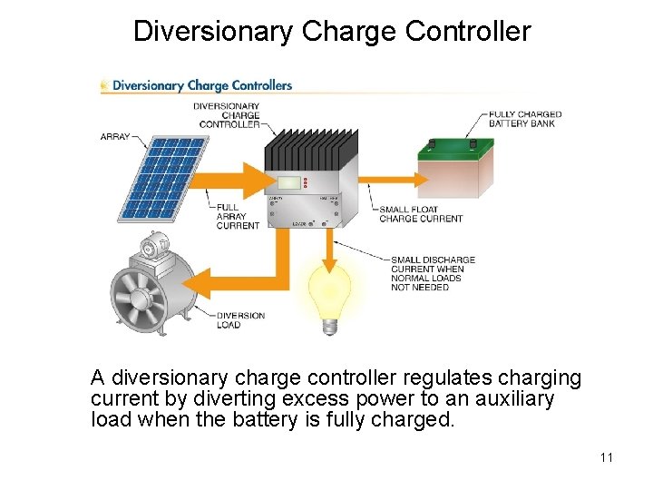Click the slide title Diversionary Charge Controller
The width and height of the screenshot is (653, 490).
click(x=331, y=31)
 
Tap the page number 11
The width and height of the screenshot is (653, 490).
click(x=607, y=456)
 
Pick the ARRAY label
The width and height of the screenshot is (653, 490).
click(x=115, y=136)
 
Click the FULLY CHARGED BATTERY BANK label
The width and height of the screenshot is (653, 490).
click(x=525, y=119)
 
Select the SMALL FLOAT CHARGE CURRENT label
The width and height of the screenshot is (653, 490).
click(x=421, y=214)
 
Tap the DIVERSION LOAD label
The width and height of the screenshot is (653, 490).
click(x=240, y=320)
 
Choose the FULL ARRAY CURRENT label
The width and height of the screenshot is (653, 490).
click(x=238, y=216)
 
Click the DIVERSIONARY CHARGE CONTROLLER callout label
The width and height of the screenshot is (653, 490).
click(x=228, y=115)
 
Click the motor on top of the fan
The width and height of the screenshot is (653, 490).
click(x=155, y=244)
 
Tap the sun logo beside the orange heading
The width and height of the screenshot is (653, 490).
click(x=105, y=86)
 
